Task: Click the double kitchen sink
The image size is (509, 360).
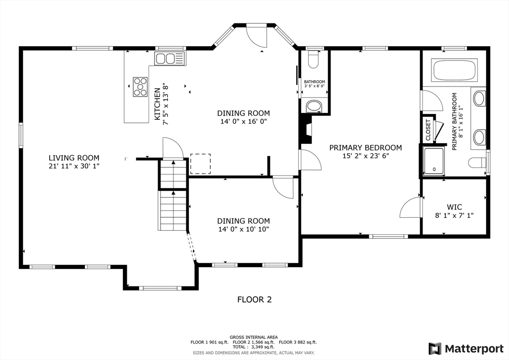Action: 170,59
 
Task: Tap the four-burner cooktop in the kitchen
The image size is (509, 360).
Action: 140,86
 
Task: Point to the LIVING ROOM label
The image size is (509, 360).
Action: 74,158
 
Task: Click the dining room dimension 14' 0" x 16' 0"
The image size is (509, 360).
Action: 243,121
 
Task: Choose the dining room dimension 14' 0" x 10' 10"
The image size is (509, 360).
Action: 243,229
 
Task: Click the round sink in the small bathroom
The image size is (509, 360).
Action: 314,105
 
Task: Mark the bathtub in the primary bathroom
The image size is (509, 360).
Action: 455,70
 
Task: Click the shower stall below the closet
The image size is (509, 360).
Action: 434,160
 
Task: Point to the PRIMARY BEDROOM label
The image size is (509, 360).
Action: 365,148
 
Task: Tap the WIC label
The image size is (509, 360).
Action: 454,207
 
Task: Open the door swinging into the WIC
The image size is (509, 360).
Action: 411,208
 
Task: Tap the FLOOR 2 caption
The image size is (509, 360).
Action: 254,299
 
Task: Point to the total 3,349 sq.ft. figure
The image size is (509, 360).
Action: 254,348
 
